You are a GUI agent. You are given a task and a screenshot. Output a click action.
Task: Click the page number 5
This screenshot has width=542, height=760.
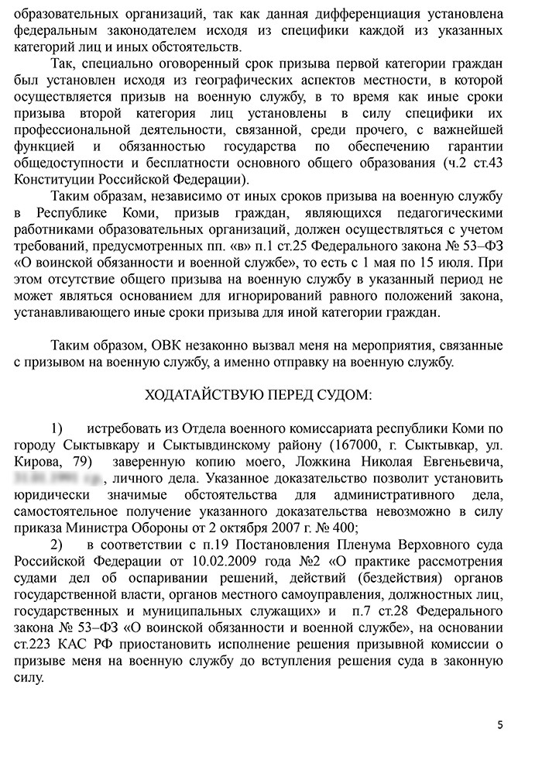pyautogui.click(x=500, y=725)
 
